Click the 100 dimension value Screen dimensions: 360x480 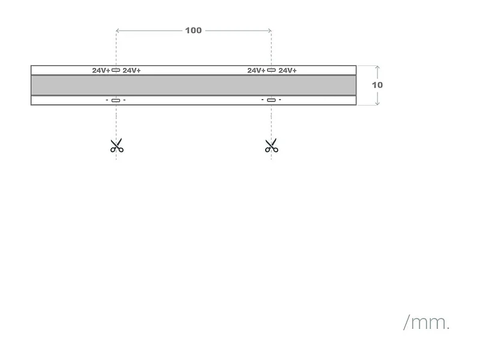(193, 30)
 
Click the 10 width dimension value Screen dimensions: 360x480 (377, 85)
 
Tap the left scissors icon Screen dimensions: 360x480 (116, 145)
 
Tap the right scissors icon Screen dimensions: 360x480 (271, 145)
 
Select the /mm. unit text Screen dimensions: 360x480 (426, 323)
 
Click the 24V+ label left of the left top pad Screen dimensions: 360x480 (101, 70)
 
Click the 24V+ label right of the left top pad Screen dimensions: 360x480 (131, 70)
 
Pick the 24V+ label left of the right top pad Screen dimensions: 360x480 (256, 70)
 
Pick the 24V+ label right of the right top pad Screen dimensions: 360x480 (287, 70)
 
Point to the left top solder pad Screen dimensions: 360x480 (116, 70)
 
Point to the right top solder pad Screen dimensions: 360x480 (271, 70)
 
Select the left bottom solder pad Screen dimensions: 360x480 (116, 100)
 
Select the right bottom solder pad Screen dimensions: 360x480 (271, 100)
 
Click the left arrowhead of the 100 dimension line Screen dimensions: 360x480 (118, 30)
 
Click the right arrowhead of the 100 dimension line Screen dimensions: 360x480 (270, 30)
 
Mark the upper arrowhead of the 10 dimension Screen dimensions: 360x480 (377, 67)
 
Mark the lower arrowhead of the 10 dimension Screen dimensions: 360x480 (377, 103)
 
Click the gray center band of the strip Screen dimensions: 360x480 (193, 85)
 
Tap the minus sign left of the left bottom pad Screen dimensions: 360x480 (107, 100)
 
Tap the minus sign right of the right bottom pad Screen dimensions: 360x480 (280, 100)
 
